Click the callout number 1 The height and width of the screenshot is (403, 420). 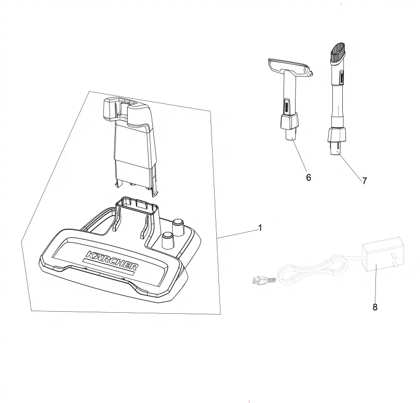point(259,228)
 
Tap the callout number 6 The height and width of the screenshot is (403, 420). point(309,177)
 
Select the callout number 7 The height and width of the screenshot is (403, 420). point(364,181)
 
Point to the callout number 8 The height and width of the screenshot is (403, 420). point(375,307)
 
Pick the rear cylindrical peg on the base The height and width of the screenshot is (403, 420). point(178,227)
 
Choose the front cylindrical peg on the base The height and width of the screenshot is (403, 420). point(167,240)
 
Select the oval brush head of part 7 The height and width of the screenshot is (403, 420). point(338,53)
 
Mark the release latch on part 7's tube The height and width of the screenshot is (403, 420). point(341,77)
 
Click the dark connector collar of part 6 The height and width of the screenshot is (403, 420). point(289,121)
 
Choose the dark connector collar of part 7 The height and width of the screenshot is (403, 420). point(336,135)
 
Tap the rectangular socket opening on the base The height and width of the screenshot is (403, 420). point(136,205)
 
